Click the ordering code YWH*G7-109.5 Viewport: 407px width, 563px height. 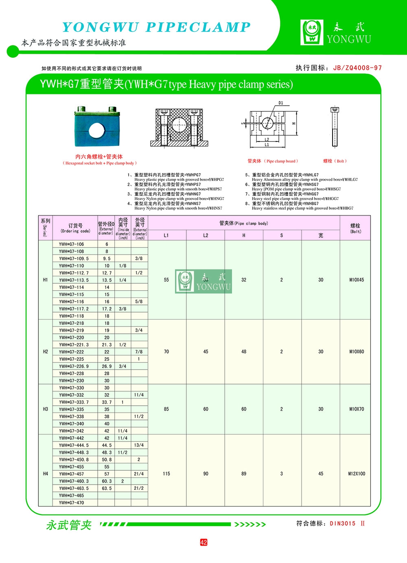click(x=74, y=259)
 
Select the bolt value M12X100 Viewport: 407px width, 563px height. click(x=357, y=474)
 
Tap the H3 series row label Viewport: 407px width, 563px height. click(x=45, y=409)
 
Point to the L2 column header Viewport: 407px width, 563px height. click(x=206, y=235)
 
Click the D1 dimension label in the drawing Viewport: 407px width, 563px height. click(x=281, y=103)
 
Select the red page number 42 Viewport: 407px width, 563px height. click(x=203, y=542)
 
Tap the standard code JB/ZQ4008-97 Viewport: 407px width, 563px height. click(x=357, y=68)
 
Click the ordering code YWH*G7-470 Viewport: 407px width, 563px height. click(x=71, y=503)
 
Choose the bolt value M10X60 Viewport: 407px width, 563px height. click(x=357, y=352)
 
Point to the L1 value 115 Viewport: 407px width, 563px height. click(x=166, y=474)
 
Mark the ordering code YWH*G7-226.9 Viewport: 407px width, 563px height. click(x=74, y=366)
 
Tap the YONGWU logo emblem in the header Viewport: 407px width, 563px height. click(x=312, y=33)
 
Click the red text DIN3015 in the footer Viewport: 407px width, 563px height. click(x=343, y=524)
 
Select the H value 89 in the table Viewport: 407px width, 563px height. click(x=244, y=474)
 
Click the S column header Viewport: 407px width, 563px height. click(x=281, y=235)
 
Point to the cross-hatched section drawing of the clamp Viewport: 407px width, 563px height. click(x=179, y=127)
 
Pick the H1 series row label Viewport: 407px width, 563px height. click(x=45, y=280)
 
